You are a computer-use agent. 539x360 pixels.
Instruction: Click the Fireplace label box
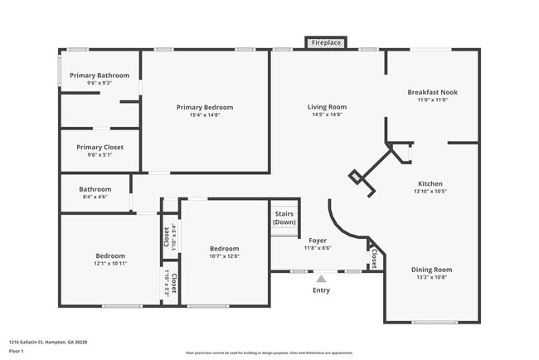[326, 41]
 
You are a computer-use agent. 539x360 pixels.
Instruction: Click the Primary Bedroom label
[204, 107]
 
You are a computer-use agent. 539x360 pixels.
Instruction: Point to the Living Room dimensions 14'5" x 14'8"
[327, 114]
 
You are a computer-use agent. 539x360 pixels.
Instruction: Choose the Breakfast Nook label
[432, 92]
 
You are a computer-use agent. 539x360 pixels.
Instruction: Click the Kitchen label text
[430, 183]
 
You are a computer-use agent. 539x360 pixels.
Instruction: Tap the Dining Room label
[431, 269]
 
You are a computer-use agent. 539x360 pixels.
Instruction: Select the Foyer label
[317, 240]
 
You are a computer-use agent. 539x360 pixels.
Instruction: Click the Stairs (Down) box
[284, 218]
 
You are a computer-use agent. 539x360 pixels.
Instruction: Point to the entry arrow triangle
[321, 278]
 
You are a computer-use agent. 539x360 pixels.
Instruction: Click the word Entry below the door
[321, 290]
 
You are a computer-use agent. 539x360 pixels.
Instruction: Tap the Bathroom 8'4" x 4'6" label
[95, 189]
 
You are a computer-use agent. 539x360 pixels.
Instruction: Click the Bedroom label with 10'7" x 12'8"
[224, 248]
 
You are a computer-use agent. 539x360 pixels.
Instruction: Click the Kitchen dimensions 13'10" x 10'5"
[430, 192]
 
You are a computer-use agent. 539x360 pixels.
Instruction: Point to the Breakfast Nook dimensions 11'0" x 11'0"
[432, 100]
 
